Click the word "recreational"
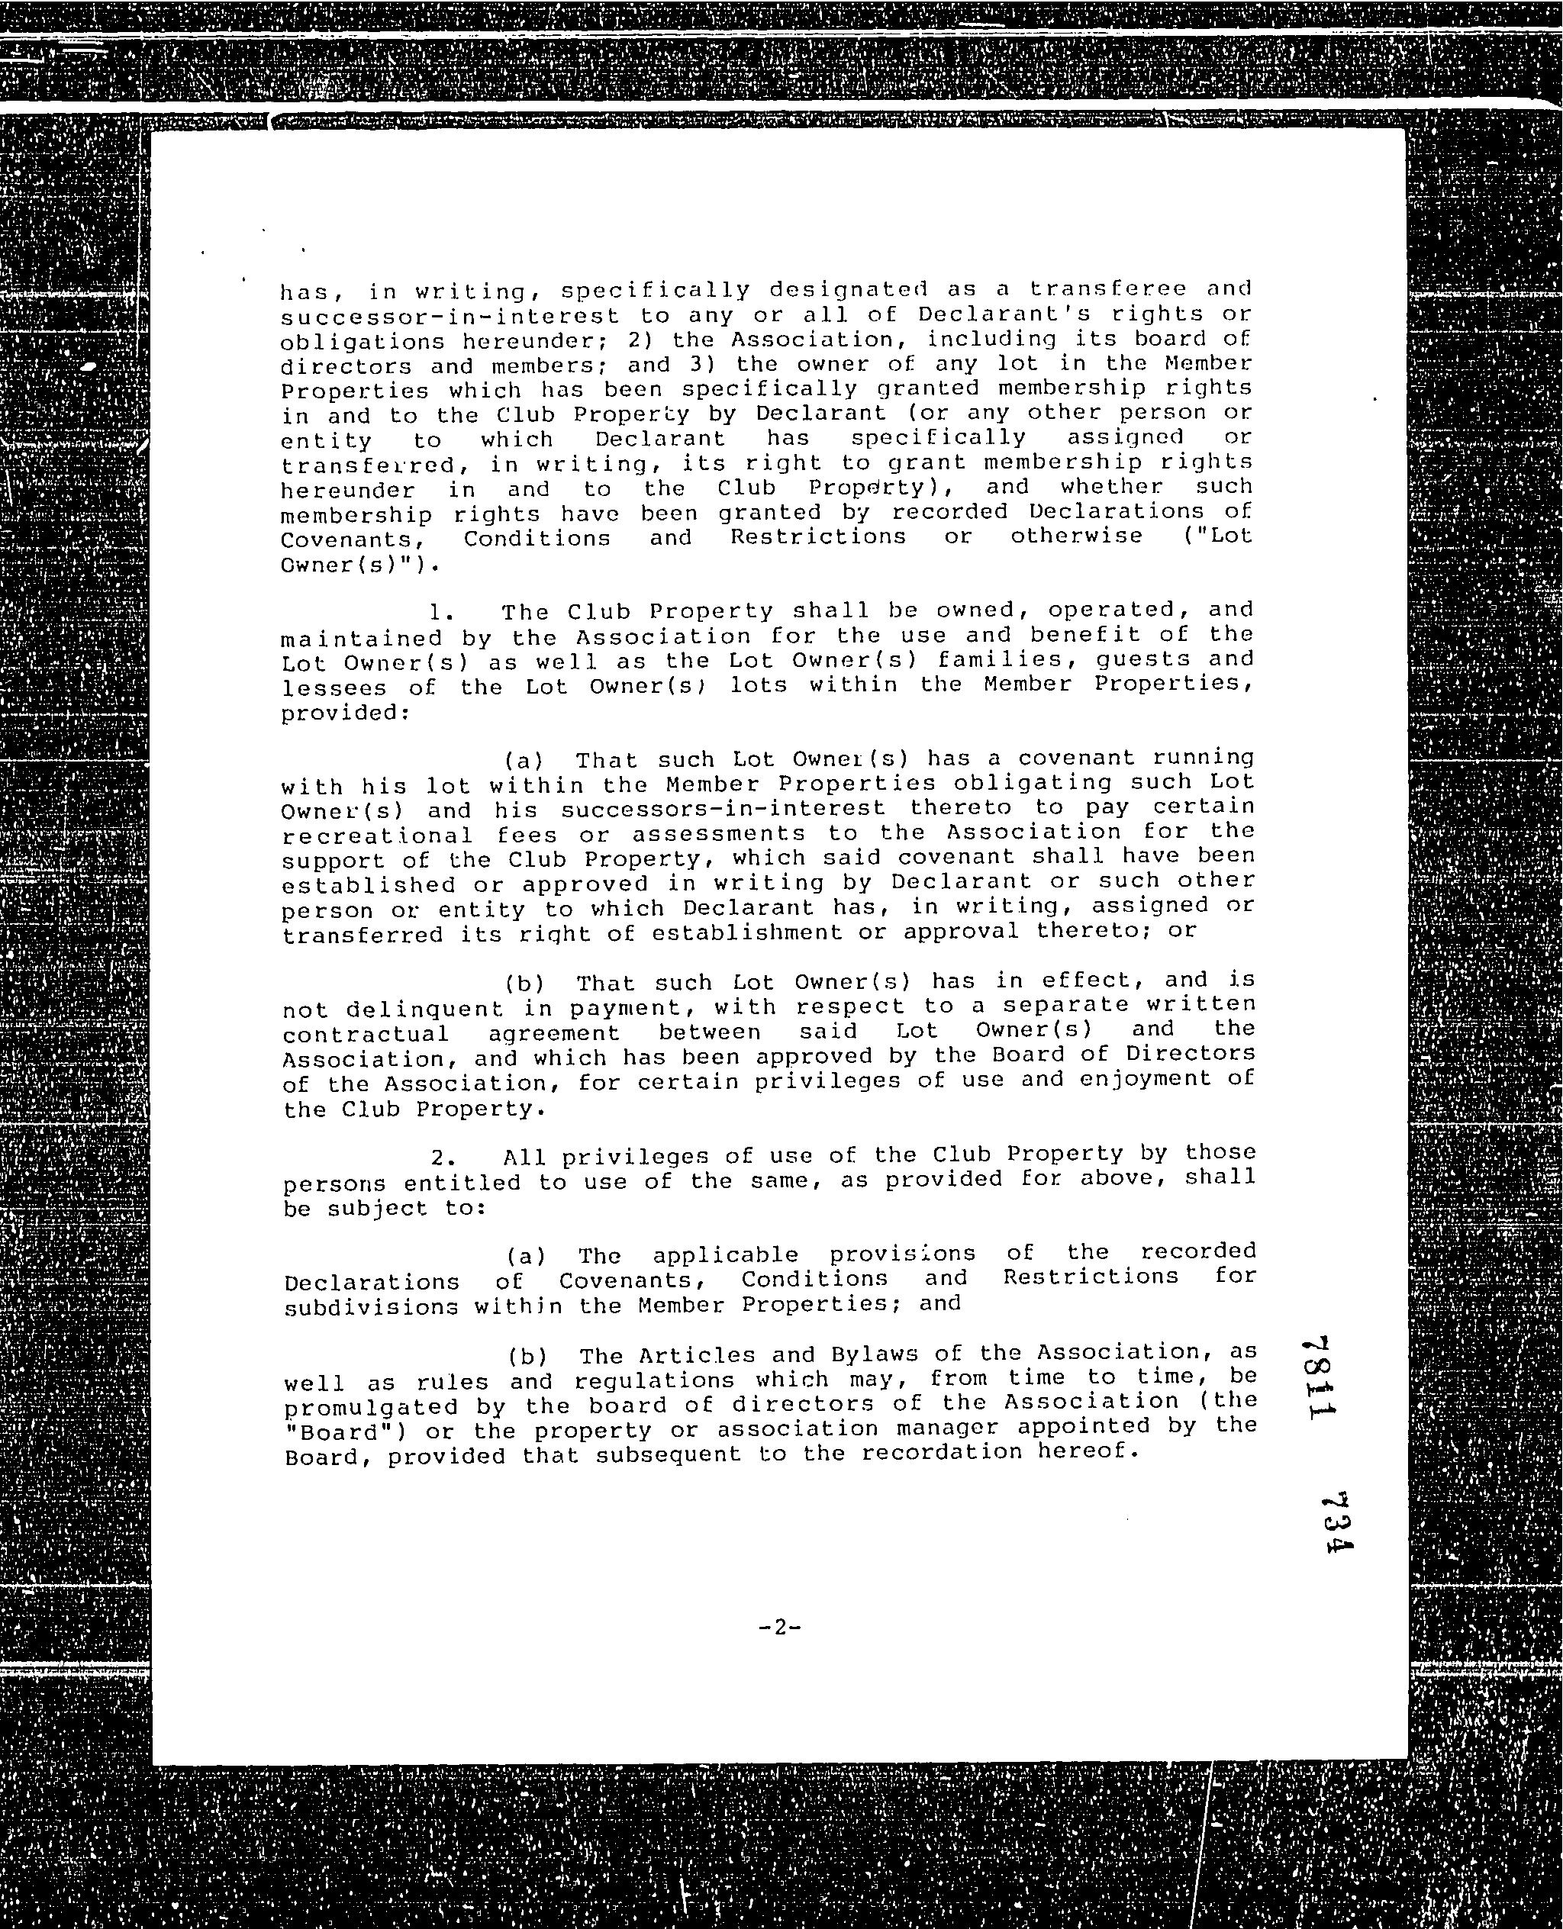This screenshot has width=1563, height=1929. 376,836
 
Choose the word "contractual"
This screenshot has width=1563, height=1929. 366,1034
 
